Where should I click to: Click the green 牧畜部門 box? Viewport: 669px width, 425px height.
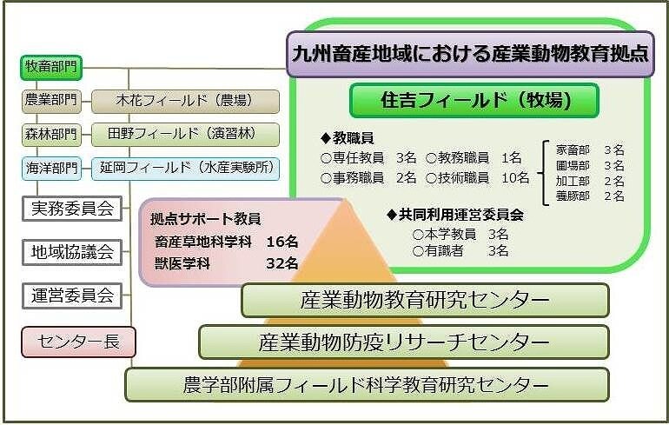[50, 67]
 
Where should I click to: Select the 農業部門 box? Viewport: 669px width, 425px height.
[50, 101]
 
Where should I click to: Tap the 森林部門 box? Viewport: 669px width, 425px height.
[50, 135]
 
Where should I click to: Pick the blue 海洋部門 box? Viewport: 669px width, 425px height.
[50, 169]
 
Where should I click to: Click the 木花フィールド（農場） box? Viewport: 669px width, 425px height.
[185, 101]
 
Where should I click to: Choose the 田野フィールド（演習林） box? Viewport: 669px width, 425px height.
[185, 135]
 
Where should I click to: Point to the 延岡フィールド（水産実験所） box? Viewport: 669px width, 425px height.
[185, 169]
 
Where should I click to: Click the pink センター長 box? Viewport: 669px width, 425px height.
[78, 342]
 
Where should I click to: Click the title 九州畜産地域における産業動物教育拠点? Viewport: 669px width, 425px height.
[470, 54]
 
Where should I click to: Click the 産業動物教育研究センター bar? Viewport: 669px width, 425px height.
[425, 300]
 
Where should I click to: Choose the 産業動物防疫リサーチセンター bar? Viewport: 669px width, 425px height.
[404, 342]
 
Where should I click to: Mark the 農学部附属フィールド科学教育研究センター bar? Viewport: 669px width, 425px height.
[367, 384]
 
